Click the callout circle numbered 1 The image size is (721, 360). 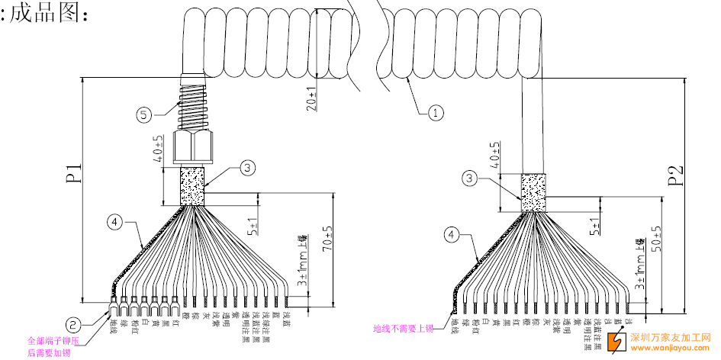click(435, 114)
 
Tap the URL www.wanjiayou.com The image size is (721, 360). click(671, 349)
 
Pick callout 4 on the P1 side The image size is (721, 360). click(114, 222)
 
